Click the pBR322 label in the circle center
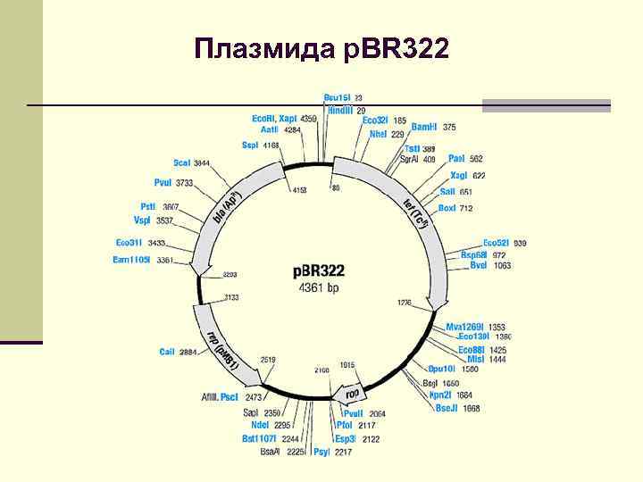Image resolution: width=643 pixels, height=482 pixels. coord(319,270)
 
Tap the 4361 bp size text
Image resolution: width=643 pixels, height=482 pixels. coord(319,287)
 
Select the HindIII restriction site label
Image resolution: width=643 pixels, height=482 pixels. coord(340,109)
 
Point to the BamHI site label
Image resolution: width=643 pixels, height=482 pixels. coord(424,127)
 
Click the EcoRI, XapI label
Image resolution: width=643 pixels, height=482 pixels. coord(274,118)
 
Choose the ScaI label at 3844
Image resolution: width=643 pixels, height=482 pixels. coord(182,162)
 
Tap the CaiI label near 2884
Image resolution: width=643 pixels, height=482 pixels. coord(167,352)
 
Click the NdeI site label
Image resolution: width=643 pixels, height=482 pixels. coord(260,425)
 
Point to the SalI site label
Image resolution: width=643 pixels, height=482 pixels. coord(447,191)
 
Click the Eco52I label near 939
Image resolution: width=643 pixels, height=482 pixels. coord(496,243)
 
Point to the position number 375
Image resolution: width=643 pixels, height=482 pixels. coord(449,127)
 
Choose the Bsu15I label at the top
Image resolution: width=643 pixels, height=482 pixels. coord(336,97)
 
